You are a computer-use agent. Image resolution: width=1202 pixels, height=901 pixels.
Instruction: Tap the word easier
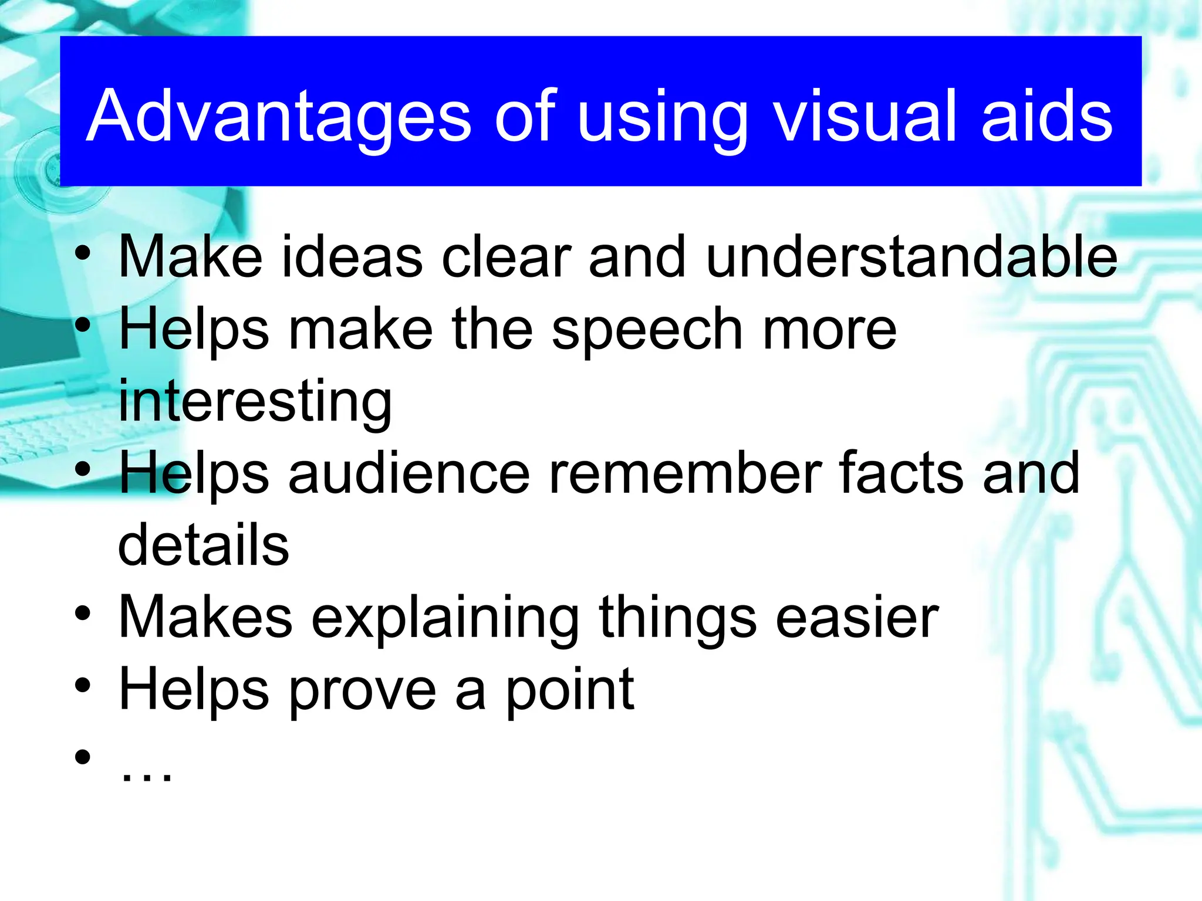(857, 617)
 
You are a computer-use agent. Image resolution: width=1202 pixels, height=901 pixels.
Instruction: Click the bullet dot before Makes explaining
(83, 613)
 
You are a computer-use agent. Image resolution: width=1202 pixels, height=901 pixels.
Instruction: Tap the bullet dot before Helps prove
(83, 685)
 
